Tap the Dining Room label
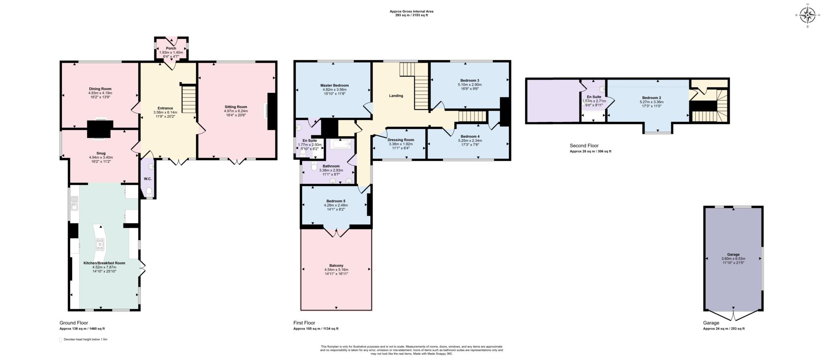(100, 89)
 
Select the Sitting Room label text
(236, 107)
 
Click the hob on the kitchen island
(100, 244)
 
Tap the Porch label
(171, 48)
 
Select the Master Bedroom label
(334, 86)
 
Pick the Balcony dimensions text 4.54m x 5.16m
(336, 270)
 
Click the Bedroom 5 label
(336, 201)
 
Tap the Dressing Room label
(401, 140)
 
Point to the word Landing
(396, 96)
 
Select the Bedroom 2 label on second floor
(651, 98)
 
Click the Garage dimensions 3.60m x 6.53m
(733, 259)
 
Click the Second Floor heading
(584, 146)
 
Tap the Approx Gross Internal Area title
(411, 11)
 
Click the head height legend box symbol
(61, 340)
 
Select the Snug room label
(101, 153)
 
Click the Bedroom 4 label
(470, 136)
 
